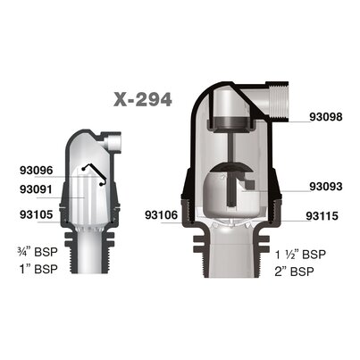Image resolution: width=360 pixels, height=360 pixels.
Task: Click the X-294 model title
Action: [x=143, y=99]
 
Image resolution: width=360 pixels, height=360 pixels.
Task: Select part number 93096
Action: [x=37, y=171]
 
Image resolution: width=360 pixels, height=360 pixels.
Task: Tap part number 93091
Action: [x=37, y=189]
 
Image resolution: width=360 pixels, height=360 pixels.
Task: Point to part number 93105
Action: [x=37, y=214]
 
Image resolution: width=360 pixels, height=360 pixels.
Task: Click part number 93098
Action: [x=326, y=117]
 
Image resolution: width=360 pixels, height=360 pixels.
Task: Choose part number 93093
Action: [x=326, y=187]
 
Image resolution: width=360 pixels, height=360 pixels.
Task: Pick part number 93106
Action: [x=162, y=215]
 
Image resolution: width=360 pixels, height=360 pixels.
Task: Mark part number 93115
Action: [x=322, y=216]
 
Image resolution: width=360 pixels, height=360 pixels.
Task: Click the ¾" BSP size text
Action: [x=38, y=252]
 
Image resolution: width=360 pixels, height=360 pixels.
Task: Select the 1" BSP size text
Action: [x=38, y=269]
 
